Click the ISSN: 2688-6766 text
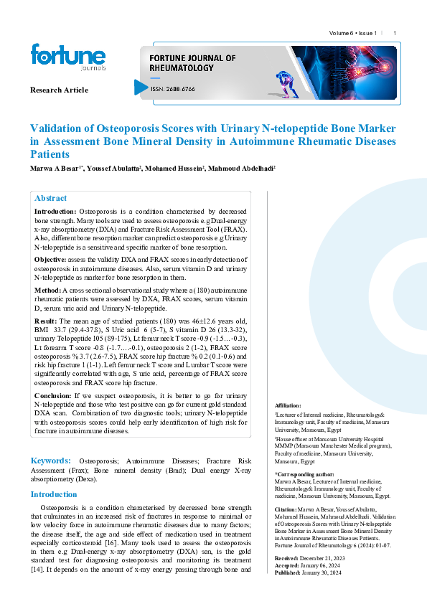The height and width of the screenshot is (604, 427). click(x=172, y=90)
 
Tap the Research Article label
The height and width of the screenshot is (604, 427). click(x=59, y=90)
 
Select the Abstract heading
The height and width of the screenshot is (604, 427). click(x=51, y=198)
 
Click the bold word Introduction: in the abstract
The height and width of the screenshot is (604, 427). click(x=55, y=212)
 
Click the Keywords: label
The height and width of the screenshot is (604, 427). click(x=50, y=459)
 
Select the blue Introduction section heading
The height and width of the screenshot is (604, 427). click(x=53, y=494)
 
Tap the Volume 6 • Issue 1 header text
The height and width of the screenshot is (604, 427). click(x=353, y=34)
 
